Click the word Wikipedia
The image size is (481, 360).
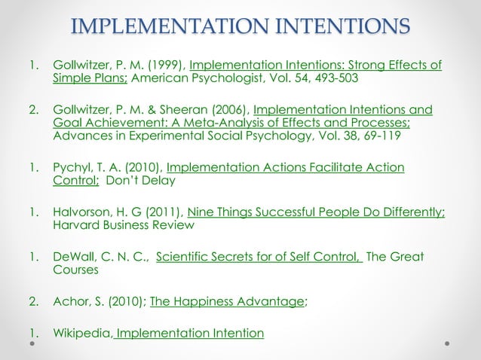coord(82,332)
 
